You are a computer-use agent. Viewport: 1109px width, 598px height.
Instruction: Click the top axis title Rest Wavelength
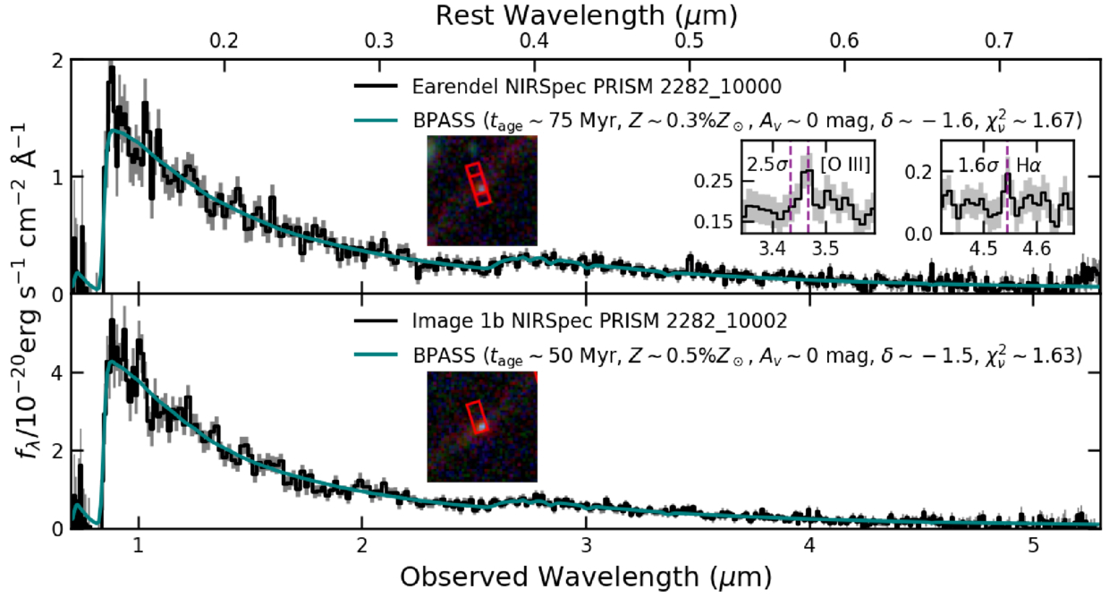tap(585, 14)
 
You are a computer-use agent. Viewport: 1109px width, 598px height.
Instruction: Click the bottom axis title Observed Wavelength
tap(585, 573)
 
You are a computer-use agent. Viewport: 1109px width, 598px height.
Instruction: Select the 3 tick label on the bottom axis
tap(586, 545)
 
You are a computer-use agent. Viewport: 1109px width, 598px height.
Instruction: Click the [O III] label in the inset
tap(845, 164)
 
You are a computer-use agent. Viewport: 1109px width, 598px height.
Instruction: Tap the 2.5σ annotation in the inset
tap(766, 165)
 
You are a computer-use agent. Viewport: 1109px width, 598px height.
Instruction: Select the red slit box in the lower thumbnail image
tap(478, 416)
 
